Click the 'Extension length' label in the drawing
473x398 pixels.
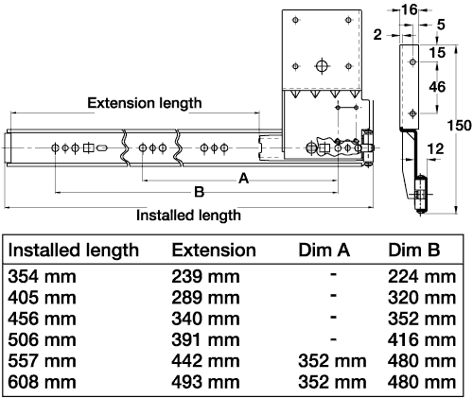click(144, 102)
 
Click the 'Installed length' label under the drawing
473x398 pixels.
click(188, 215)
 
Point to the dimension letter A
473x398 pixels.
click(242, 178)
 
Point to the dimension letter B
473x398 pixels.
click(199, 192)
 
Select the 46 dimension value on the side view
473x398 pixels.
click(437, 86)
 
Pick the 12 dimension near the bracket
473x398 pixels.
click(437, 147)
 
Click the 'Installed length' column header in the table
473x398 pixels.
click(74, 251)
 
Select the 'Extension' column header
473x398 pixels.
click(213, 251)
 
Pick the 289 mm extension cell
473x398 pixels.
click(205, 299)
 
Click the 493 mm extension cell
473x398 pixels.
click(205, 385)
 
